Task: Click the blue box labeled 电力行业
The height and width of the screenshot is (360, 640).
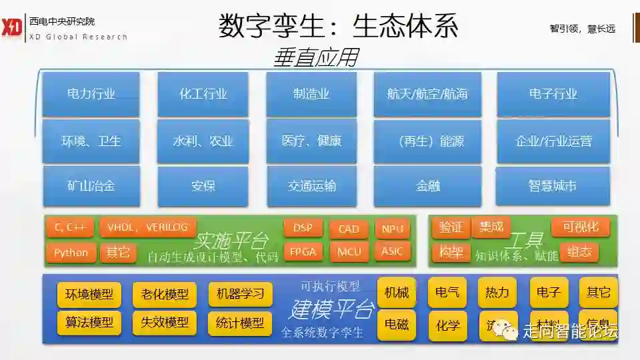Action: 91,94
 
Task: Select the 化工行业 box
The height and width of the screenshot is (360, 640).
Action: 203,94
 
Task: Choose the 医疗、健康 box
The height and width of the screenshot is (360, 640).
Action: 311,141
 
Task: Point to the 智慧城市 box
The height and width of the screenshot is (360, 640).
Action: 553,186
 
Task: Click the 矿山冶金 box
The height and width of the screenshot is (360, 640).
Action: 91,186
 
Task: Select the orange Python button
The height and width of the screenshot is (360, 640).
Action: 71,253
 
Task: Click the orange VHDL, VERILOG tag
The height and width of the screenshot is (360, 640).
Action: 148,227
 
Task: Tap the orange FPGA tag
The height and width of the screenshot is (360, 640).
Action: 303,252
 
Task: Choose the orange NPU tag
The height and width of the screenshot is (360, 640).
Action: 392,229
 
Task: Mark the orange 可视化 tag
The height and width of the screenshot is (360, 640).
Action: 580,227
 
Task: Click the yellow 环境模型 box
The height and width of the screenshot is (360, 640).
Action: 89,294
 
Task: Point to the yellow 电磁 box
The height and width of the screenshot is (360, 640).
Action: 396,325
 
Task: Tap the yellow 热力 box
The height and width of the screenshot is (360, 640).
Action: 497,292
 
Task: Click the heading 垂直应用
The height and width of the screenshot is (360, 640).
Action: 315,58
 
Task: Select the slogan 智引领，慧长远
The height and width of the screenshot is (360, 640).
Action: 582,29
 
